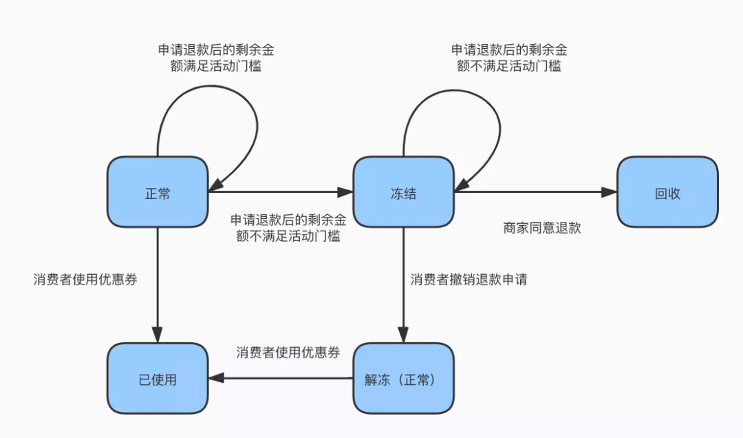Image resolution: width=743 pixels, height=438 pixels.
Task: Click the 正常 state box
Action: tap(158, 191)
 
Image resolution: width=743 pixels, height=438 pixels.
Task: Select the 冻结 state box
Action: tap(403, 191)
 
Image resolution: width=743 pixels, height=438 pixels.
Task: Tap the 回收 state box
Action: tap(667, 191)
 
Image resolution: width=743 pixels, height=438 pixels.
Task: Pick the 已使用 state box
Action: tap(158, 378)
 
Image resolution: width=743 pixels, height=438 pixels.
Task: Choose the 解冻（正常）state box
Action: tap(403, 378)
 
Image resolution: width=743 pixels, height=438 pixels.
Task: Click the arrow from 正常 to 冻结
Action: tap(281, 191)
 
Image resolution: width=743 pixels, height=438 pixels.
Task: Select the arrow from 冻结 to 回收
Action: tap(535, 191)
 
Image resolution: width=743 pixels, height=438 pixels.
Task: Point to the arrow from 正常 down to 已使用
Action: tap(158, 284)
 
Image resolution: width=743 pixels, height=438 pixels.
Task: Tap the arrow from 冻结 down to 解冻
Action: tap(403, 284)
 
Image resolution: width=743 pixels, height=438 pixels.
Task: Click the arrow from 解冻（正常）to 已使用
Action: tap(281, 378)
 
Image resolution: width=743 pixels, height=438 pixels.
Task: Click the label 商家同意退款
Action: tap(541, 228)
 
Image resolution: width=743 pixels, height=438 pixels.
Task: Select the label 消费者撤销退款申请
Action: tap(469, 280)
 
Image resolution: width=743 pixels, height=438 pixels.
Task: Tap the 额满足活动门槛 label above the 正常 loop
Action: tap(215, 66)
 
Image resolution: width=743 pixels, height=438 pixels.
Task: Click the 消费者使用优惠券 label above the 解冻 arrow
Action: tap(288, 353)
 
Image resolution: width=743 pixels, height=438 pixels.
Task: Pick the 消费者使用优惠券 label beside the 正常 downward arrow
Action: tap(85, 280)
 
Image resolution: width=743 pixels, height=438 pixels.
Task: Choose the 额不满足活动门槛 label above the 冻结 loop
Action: tap(509, 66)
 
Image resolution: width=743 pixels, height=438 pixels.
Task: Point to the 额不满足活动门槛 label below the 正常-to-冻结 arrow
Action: tap(288, 236)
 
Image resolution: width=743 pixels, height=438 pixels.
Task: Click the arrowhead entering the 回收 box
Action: tap(610, 191)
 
